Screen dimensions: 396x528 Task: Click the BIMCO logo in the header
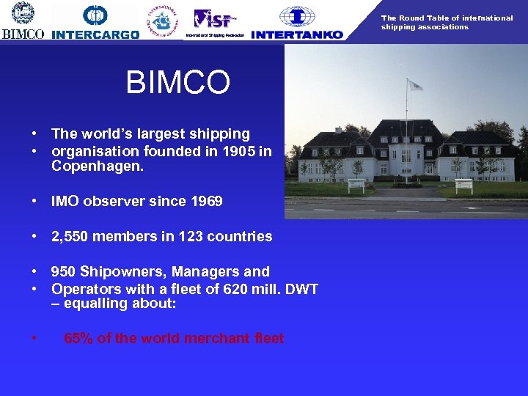pos(22,20)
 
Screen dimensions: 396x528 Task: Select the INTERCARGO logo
pos(95,21)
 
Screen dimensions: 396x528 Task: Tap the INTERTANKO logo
pos(297,22)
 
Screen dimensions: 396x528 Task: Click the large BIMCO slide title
pos(177,83)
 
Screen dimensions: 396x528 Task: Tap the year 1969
pos(206,201)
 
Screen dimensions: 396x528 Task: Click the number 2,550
pos(72,236)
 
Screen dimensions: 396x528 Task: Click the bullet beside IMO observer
pos(34,201)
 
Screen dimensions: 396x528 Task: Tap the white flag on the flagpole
pos(416,85)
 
